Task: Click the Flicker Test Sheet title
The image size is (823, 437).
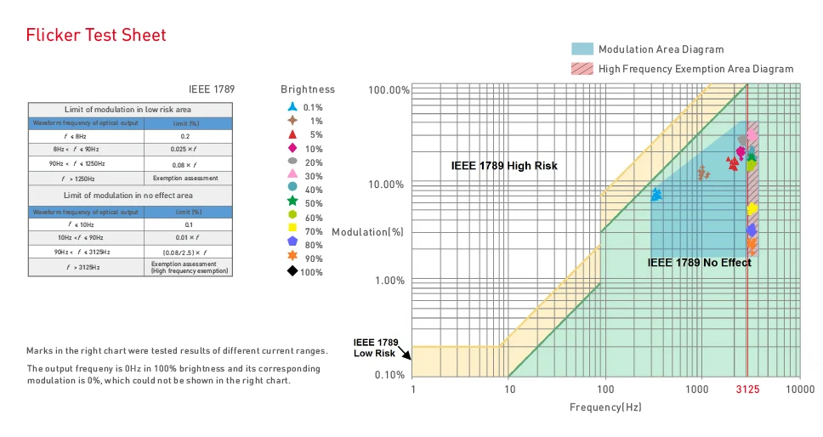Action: tap(96, 35)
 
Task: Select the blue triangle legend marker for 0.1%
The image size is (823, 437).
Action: tap(292, 107)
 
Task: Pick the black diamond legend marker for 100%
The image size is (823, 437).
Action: tap(292, 271)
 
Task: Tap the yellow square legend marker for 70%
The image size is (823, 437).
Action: tap(292, 228)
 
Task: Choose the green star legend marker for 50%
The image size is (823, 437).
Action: tap(292, 201)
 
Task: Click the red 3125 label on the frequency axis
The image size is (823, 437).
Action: tap(747, 389)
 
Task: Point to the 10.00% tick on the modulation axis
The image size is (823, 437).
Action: tap(386, 184)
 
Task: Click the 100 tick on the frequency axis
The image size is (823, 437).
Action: tap(605, 389)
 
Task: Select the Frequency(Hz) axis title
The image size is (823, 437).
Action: tap(605, 407)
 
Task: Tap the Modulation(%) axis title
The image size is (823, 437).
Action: tap(367, 232)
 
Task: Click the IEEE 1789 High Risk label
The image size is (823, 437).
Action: tap(504, 166)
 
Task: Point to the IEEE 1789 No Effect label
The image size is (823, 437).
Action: tap(699, 263)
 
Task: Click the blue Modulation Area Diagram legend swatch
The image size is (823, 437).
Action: tap(582, 48)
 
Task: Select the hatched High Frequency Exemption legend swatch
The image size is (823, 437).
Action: tap(582, 69)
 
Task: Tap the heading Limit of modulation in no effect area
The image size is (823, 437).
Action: tap(128, 196)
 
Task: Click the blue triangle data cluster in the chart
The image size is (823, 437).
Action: tap(656, 195)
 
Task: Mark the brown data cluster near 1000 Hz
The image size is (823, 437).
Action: tap(703, 173)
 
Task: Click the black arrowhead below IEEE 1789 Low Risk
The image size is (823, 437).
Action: tap(407, 355)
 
